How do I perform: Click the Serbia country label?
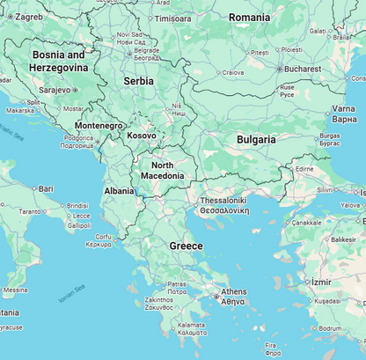pos(138,81)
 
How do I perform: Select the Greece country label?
pos(186,246)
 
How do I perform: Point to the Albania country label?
pos(119,190)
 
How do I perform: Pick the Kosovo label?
pos(142,136)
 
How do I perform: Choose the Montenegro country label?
pos(99,126)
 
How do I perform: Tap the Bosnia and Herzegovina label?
pos(59,61)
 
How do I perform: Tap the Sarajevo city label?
pos(54,90)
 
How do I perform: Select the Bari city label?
pos(45,188)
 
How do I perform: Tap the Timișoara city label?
pos(172,18)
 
